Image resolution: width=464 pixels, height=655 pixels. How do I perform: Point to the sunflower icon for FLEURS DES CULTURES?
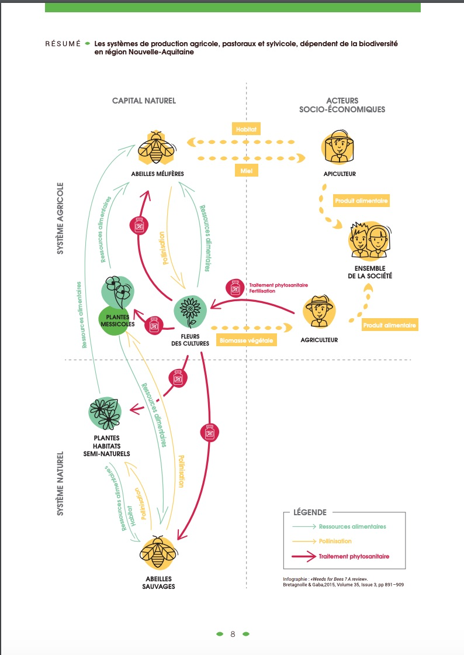pyautogui.click(x=191, y=311)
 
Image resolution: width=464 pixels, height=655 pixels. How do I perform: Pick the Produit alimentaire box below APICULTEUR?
pyautogui.click(x=362, y=201)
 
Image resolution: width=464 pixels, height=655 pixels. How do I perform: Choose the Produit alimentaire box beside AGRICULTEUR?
pyautogui.click(x=390, y=325)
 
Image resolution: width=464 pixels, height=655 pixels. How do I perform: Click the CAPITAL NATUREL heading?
pyautogui.click(x=144, y=101)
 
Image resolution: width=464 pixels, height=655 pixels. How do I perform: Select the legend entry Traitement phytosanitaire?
pyautogui.click(x=354, y=556)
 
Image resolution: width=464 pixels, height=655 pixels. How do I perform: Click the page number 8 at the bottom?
pyautogui.click(x=233, y=634)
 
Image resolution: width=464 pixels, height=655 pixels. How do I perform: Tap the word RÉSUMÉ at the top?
pyautogui.click(x=63, y=44)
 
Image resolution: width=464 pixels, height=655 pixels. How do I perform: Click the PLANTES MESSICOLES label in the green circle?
pyautogui.click(x=117, y=320)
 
